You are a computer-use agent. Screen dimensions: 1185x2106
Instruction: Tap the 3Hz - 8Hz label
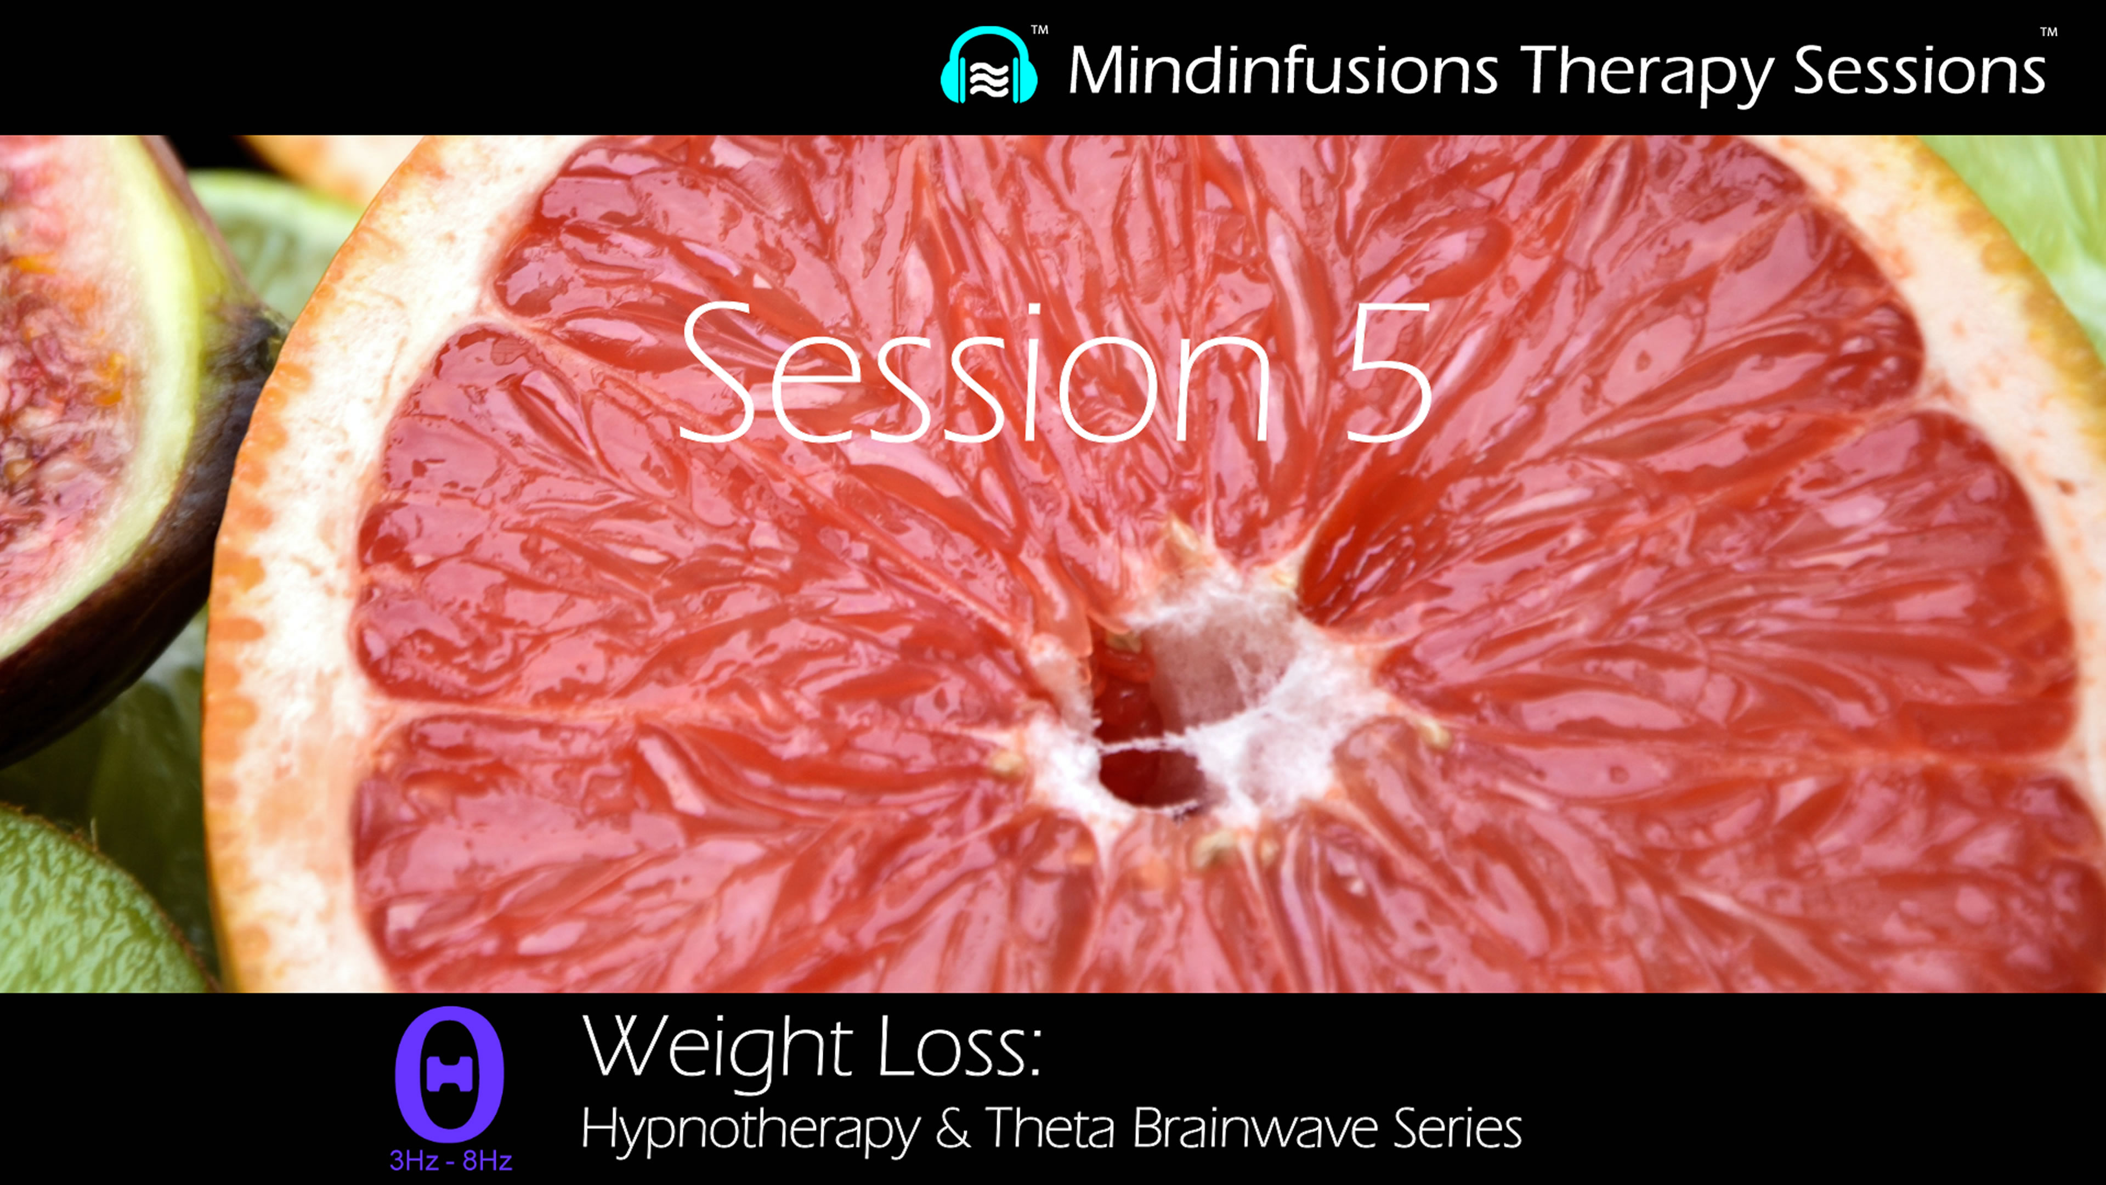pos(450,1160)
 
